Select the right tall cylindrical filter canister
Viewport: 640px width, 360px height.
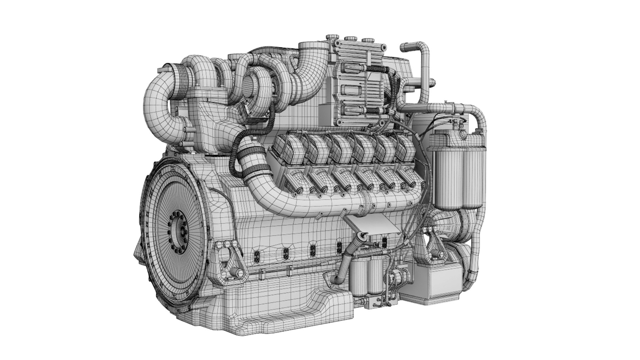coord(473,173)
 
